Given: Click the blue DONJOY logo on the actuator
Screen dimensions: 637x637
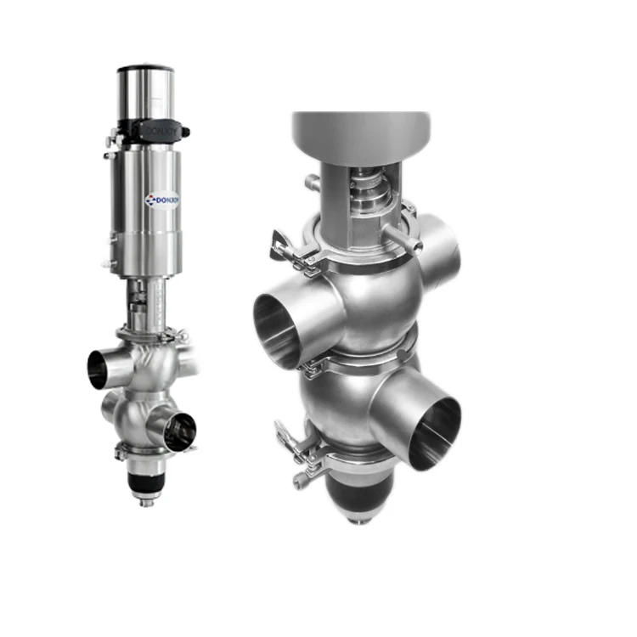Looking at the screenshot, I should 161,200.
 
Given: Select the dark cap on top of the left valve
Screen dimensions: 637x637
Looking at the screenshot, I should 146,67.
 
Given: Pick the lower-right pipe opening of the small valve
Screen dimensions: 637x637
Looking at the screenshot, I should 179,431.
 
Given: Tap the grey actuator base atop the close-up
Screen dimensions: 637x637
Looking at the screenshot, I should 361,136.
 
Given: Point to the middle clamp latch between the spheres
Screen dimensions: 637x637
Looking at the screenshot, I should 313,365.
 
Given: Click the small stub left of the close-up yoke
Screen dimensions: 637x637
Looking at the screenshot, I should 312,182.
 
